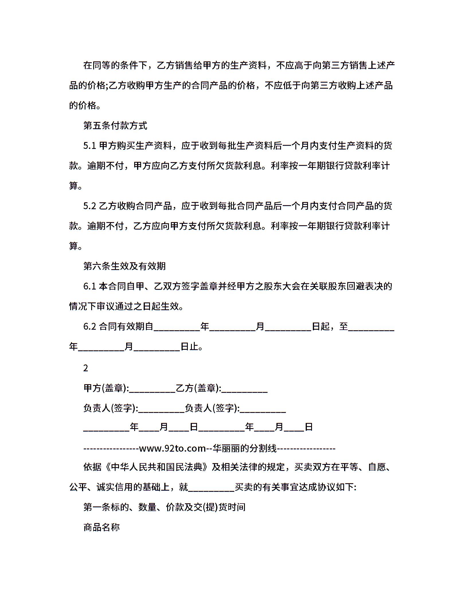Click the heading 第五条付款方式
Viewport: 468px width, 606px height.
(115, 126)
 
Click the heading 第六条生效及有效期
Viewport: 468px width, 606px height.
(124, 266)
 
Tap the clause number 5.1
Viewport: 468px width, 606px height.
(89, 146)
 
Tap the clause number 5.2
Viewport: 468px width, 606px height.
(89, 206)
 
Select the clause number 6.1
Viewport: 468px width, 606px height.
(89, 286)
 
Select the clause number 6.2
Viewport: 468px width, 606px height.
(89, 327)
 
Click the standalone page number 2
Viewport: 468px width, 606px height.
(85, 368)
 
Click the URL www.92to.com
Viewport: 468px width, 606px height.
(172, 448)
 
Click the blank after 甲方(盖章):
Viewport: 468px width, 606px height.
(152, 390)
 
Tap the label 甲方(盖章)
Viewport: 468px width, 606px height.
(105, 388)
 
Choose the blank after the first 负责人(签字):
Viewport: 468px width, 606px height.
(161, 410)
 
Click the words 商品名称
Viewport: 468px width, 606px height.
(102, 527)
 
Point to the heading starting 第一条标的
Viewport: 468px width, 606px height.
(164, 507)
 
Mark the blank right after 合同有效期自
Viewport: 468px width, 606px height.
(177, 328)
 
